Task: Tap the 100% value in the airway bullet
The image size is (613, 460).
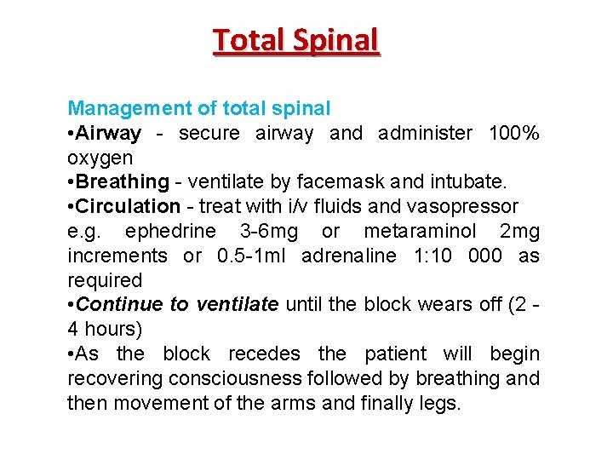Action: tap(513, 134)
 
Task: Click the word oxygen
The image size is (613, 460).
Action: tap(100, 158)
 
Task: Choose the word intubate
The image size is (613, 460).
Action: tap(471, 182)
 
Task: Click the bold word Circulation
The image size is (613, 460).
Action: tap(128, 207)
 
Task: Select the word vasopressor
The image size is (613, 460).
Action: tap(467, 207)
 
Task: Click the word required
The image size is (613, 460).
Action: tap(105, 280)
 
